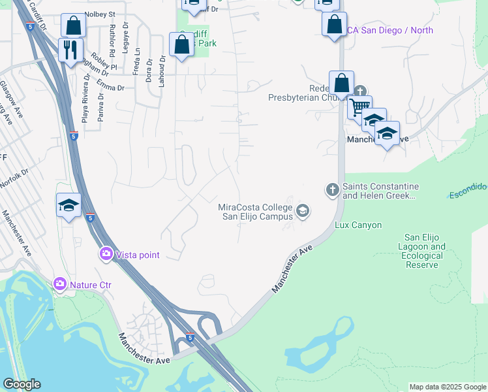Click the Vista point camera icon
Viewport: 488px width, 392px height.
(x=105, y=253)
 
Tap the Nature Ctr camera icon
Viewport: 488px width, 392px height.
(x=60, y=283)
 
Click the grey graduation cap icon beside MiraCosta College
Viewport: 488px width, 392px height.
(x=302, y=210)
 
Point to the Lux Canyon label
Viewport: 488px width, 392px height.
(x=358, y=225)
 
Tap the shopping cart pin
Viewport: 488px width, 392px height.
(x=359, y=107)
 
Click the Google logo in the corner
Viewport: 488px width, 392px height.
(x=22, y=384)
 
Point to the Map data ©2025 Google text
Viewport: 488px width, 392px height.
(x=447, y=387)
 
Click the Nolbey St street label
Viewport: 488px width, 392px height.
(x=99, y=13)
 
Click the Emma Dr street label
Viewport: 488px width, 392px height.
(x=110, y=87)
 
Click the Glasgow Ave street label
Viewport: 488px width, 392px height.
(x=7, y=95)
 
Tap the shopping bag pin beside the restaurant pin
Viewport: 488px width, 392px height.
(x=73, y=26)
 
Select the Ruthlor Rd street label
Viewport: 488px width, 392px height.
(x=113, y=39)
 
